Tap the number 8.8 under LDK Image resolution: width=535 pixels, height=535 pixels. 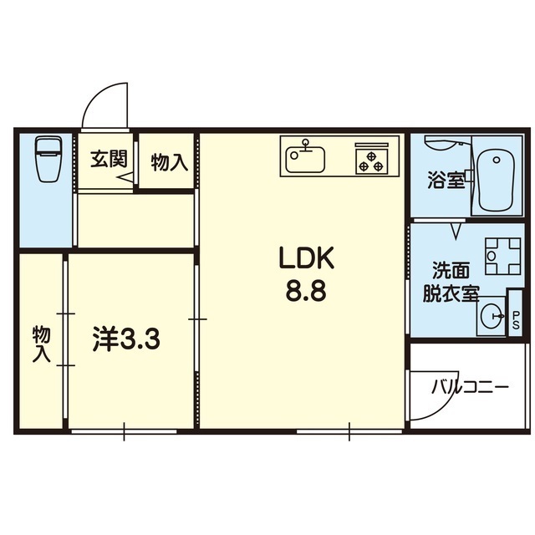[x=306, y=293]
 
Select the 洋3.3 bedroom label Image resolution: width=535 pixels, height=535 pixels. [x=126, y=340]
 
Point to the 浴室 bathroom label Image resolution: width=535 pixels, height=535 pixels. [x=445, y=179]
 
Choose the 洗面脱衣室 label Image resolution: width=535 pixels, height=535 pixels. [x=455, y=282]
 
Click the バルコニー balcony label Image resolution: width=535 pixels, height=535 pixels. [x=470, y=388]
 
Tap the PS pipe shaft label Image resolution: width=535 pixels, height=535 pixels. [x=515, y=320]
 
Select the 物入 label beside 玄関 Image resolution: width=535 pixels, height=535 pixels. [x=168, y=162]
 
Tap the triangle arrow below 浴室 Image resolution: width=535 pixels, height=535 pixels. [x=456, y=227]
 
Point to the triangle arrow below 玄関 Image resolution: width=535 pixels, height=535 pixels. [x=124, y=178]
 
